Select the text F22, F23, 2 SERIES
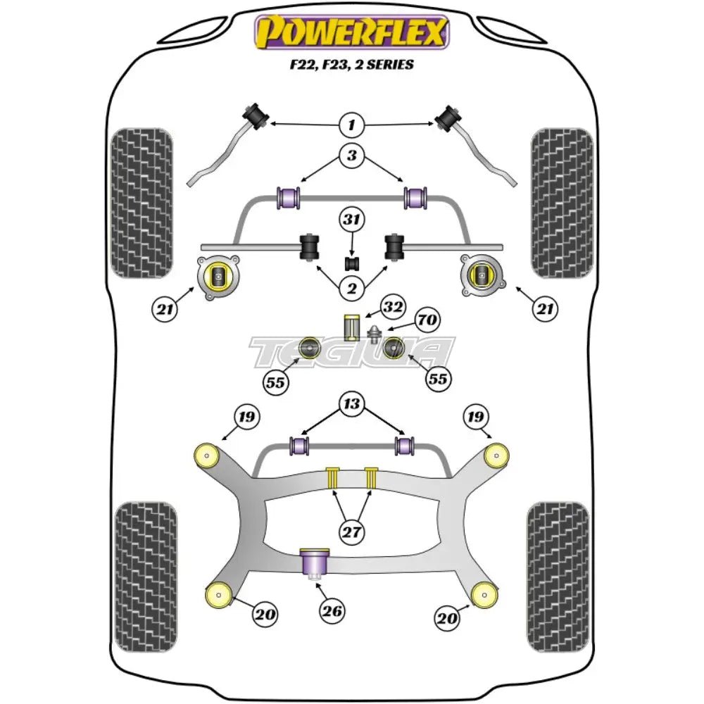[x=351, y=64]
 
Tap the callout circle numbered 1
[x=351, y=125]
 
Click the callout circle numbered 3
[x=351, y=156]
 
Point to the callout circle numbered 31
[x=351, y=220]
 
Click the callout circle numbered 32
[x=394, y=307]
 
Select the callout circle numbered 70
[x=426, y=321]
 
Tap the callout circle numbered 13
[x=351, y=405]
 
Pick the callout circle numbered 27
[x=351, y=531]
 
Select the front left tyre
[x=142, y=202]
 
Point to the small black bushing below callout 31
[x=351, y=263]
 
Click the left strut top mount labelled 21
[x=218, y=277]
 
